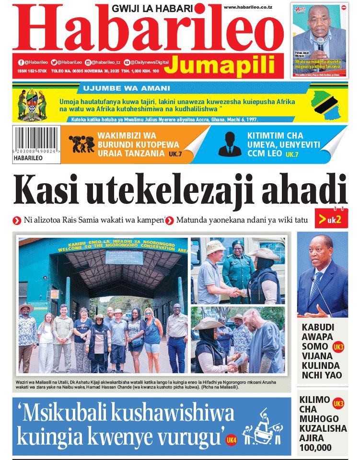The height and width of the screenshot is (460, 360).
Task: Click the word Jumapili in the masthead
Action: [223, 65]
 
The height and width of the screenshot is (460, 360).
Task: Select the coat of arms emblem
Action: [32, 105]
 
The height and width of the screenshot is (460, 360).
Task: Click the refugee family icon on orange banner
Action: [81, 144]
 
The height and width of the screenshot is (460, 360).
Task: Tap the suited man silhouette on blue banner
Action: [230, 144]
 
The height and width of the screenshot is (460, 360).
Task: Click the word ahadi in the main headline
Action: [304, 190]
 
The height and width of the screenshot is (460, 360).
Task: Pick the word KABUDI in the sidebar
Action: [317, 328]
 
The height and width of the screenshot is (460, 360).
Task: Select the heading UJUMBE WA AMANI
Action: [127, 88]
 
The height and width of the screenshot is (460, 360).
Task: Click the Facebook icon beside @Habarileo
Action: [21, 62]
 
